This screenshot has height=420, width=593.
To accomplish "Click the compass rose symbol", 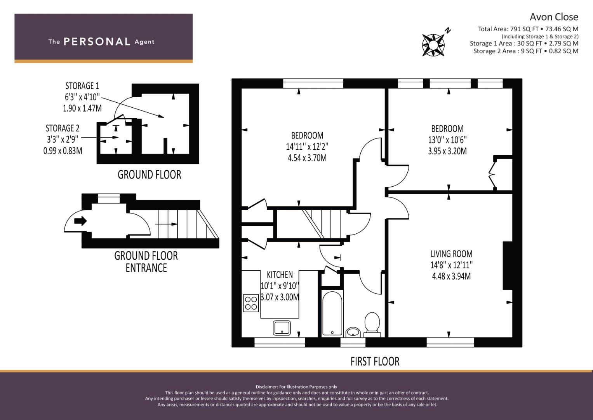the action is click(x=433, y=45).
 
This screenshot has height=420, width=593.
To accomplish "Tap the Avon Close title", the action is click(x=554, y=17).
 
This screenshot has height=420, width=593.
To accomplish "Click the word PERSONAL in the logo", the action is click(x=97, y=42).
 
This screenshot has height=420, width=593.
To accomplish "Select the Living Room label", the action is click(x=451, y=254).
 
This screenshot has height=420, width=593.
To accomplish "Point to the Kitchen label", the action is click(x=280, y=275).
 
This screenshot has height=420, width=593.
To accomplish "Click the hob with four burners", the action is click(x=251, y=303).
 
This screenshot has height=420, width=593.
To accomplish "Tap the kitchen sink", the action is click(x=282, y=328).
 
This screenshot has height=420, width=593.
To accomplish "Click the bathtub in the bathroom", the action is click(x=332, y=314).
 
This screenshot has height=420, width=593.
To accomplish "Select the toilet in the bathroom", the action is click(x=372, y=325).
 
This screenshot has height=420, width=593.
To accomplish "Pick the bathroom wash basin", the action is click(x=353, y=332).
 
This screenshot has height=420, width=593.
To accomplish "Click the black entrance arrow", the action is click(x=80, y=220).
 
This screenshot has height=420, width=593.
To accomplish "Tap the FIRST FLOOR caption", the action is click(x=375, y=361).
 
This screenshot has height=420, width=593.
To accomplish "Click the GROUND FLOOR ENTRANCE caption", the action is click(x=146, y=262).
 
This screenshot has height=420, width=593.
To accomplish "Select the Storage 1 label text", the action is click(x=82, y=86).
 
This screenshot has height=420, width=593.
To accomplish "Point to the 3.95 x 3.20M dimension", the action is click(x=447, y=151).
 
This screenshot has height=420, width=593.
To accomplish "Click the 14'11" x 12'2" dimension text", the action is click(x=307, y=147).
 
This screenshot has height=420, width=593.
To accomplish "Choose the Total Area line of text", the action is click(x=528, y=29).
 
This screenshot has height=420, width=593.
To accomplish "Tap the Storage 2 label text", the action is click(x=63, y=128).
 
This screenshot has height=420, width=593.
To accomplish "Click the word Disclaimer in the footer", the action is click(x=266, y=387).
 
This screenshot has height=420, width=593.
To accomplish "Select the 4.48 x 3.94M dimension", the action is click(x=451, y=276).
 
